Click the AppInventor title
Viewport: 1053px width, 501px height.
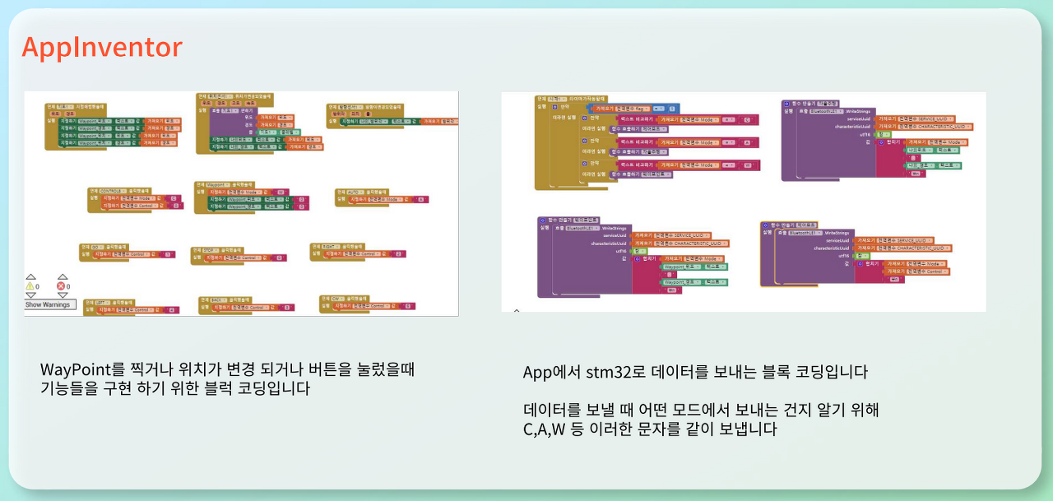[102, 48]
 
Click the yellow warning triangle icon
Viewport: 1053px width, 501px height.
[31, 286]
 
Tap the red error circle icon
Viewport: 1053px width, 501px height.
[62, 286]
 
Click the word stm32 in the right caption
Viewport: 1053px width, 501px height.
[607, 372]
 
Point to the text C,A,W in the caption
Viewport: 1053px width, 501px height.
[549, 429]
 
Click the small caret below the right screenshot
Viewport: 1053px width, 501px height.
[516, 312]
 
